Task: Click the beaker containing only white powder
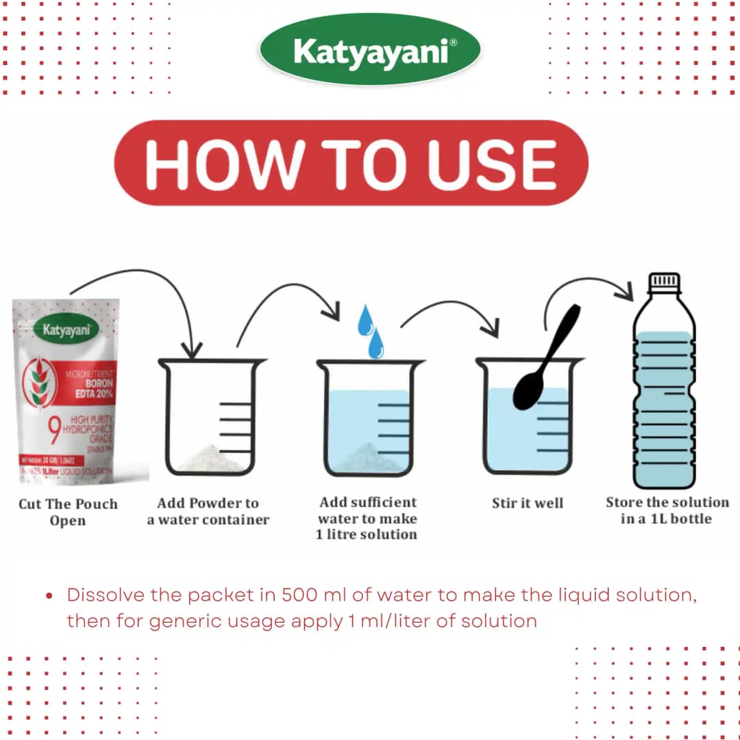[x=211, y=418]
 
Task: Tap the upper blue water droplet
[x=365, y=319]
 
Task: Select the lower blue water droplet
[x=376, y=343]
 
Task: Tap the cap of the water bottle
[x=664, y=282]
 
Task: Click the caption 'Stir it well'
[x=527, y=504]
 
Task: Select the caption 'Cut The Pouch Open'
[x=68, y=512]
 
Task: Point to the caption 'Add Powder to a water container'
[x=208, y=511]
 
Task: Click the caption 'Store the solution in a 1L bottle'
[x=667, y=510]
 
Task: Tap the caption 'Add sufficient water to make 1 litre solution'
[x=367, y=519]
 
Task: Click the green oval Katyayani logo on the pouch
[x=67, y=329]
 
